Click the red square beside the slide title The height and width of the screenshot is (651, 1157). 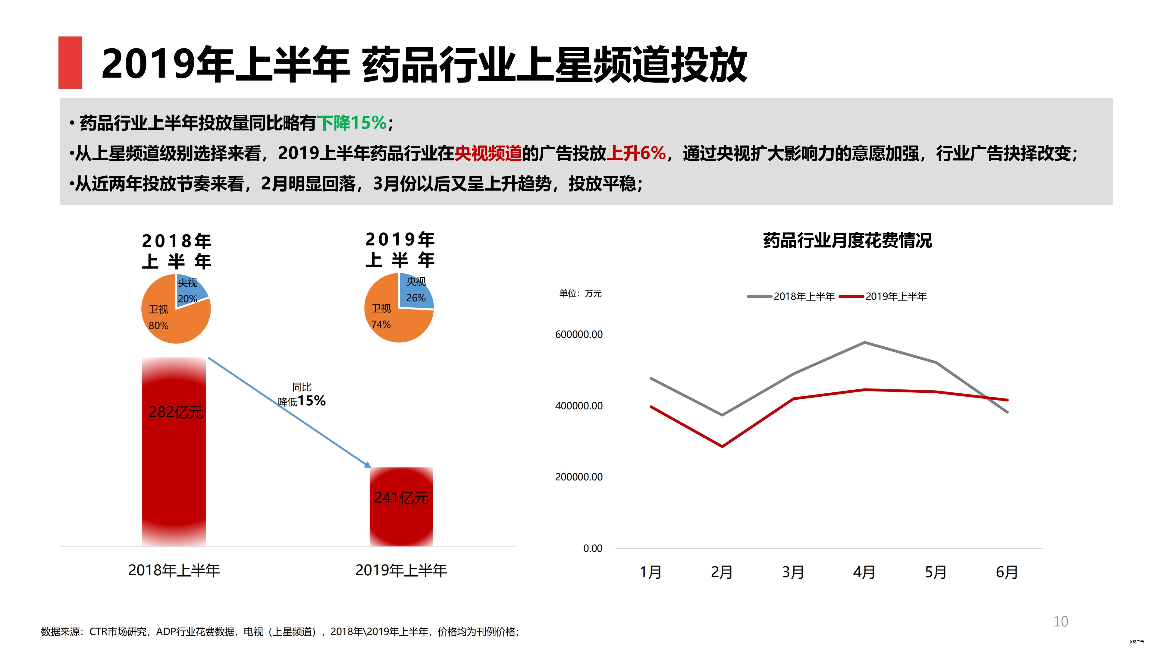click(70, 62)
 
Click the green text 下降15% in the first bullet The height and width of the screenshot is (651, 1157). click(352, 123)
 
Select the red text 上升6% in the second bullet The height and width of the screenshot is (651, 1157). click(635, 153)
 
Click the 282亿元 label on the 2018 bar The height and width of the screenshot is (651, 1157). click(176, 412)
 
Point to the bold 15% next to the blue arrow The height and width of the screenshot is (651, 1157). click(312, 400)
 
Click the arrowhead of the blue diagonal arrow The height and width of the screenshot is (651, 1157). click(368, 465)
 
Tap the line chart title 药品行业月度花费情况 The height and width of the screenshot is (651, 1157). click(847, 241)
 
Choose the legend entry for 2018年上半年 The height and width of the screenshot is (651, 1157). click(792, 297)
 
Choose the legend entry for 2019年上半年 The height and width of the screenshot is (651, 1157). click(883, 297)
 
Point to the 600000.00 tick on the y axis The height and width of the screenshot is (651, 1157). click(578, 334)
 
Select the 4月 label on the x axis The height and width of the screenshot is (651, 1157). click(864, 572)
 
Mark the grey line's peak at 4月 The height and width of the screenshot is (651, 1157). click(865, 342)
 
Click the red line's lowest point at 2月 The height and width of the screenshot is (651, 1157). click(722, 446)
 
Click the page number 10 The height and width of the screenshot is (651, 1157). click(1061, 621)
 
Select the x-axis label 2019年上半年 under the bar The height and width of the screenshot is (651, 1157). click(401, 570)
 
